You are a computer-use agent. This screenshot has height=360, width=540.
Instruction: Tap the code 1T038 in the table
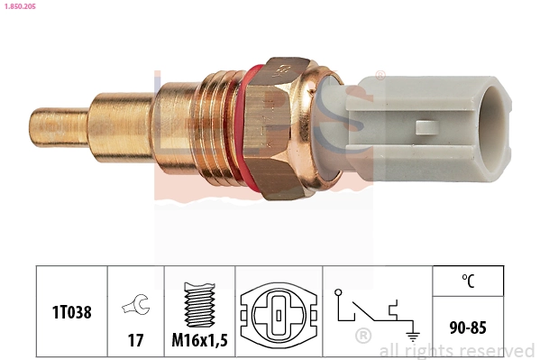[x=71, y=311]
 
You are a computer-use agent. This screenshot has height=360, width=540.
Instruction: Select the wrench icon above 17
[x=136, y=306]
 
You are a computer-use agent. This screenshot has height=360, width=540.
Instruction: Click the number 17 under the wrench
[x=136, y=341]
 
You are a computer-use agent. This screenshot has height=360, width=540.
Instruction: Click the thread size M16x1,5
[x=200, y=341]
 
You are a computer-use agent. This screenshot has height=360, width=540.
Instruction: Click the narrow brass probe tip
[x=59, y=126]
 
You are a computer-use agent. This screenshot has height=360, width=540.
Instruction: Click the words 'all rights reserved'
[x=456, y=351]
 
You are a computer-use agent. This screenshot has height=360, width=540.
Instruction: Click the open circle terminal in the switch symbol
[x=338, y=293]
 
